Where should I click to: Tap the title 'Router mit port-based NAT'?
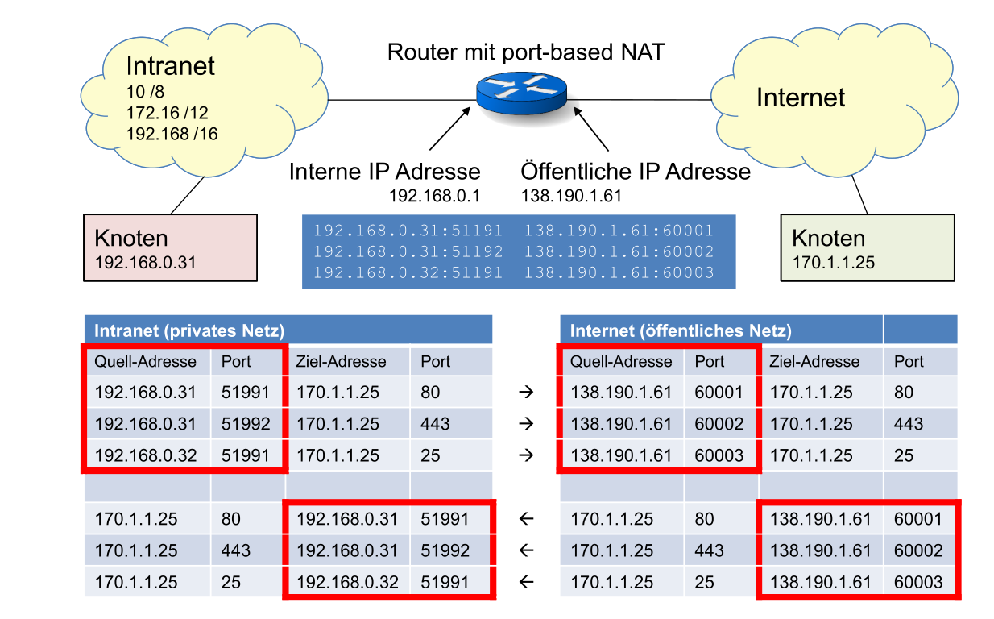526,53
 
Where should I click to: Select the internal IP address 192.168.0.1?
434,196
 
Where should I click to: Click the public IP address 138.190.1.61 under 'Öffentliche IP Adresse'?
571,196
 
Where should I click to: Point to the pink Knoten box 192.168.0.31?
170,247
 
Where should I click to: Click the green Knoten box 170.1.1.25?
867,247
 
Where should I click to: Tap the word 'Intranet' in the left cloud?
171,66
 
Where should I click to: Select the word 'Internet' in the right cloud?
800,98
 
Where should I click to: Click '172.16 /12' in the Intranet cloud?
167,114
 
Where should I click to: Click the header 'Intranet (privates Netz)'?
190,330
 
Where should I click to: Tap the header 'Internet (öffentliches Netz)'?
681,330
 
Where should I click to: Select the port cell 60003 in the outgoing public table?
719,455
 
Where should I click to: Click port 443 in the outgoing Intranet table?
435,424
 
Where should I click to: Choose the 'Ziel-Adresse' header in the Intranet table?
342,362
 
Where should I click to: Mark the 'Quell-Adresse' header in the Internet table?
620,362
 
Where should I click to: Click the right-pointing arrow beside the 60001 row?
526,393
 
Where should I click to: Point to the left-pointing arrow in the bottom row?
526,582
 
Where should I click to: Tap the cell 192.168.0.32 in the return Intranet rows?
347,582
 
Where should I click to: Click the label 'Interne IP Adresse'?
384,172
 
